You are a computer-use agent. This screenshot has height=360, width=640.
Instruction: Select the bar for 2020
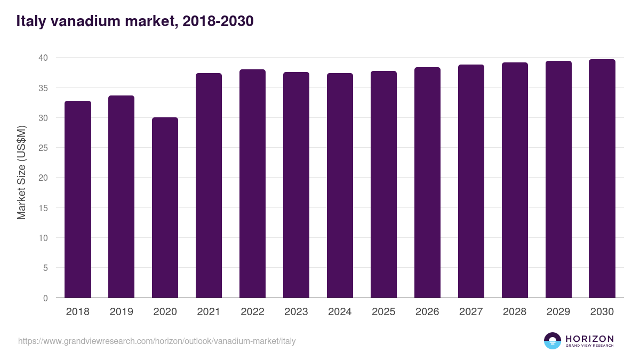click(x=165, y=207)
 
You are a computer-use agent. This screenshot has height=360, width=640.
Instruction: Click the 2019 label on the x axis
click(x=122, y=312)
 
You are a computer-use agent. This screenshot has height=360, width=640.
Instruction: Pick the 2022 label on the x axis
click(x=252, y=312)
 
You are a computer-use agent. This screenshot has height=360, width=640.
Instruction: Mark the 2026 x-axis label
click(x=427, y=312)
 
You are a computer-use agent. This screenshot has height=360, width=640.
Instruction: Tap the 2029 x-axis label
click(x=558, y=312)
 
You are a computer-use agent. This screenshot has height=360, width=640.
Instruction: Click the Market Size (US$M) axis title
click(x=21, y=172)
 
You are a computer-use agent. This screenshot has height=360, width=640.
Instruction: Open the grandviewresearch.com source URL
click(x=157, y=341)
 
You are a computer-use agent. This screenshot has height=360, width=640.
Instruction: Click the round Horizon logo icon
click(x=553, y=341)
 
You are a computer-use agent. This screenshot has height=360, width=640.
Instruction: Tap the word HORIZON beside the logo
click(x=589, y=339)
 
